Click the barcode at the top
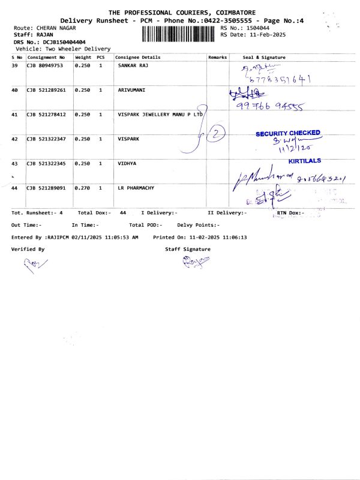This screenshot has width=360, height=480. pos(179,34)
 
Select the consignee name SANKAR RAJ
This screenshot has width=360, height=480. pos(133,64)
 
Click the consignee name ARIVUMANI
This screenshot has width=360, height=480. pos(133,89)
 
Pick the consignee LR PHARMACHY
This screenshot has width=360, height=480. pos(136,188)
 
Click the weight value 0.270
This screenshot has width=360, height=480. pos(82,188)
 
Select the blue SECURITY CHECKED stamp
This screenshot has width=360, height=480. pos(288,133)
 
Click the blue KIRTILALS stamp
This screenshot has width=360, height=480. pos(304,161)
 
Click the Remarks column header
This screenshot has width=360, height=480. pos(217,57)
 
